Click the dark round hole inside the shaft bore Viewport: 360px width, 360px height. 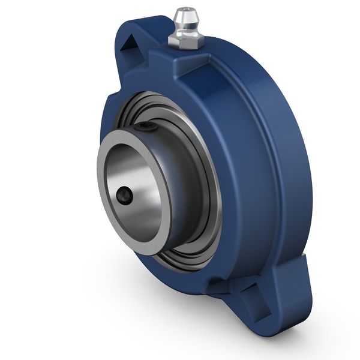pyautogui.click(x=124, y=196)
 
